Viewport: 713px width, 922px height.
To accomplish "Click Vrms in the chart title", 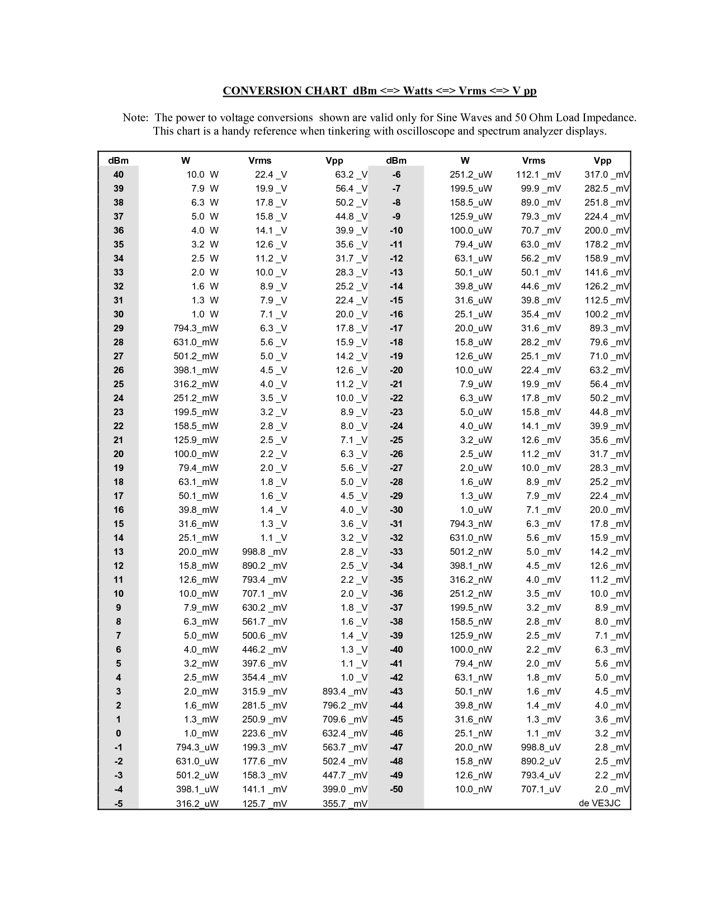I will coord(471,91).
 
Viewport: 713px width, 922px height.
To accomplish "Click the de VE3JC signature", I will coord(599,804).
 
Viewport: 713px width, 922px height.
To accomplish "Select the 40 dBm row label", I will coord(119,175).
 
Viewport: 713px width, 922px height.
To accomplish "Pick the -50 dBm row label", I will coord(396,790).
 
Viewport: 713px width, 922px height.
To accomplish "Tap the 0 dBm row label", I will coord(119,734).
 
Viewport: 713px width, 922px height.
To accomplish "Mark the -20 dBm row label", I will coord(396,370).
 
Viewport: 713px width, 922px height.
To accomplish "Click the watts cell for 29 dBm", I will coord(196,329).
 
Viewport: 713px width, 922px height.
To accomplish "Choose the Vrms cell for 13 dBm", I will coord(265,552).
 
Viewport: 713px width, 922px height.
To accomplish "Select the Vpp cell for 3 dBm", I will coord(345,692).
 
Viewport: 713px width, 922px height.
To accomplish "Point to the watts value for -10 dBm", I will coord(471,231).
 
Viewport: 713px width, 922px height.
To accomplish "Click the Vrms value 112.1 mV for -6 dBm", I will coord(538,175).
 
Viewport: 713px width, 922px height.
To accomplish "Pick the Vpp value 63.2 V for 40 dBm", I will coord(351,175).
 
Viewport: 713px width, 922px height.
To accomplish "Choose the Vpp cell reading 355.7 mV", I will coord(345,804).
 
